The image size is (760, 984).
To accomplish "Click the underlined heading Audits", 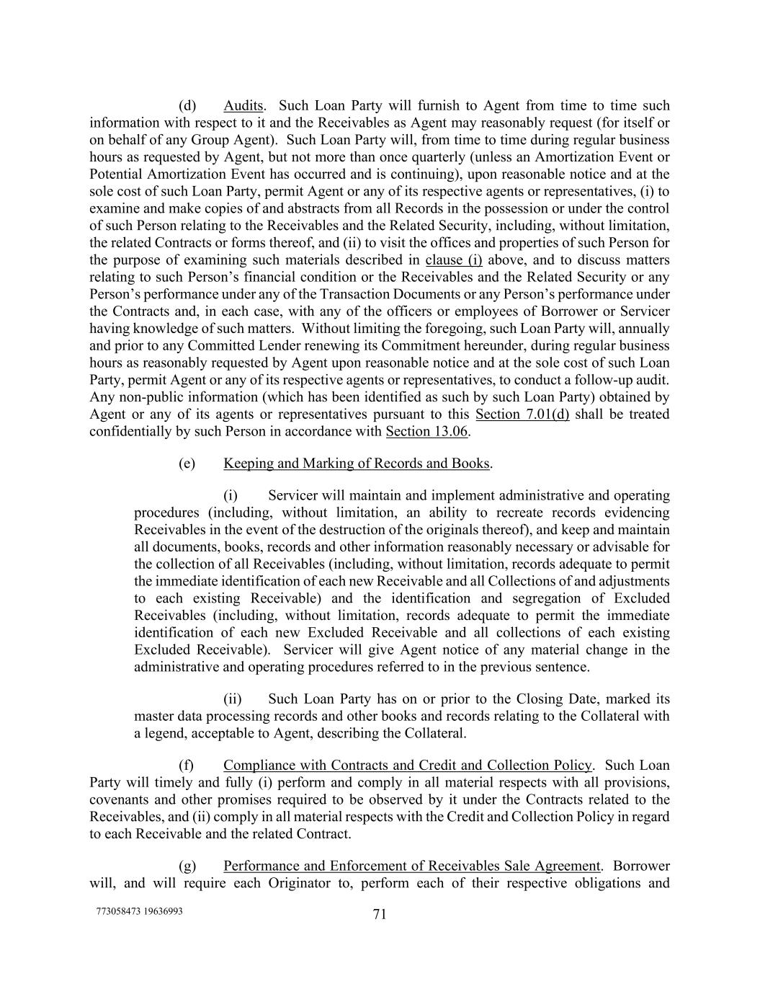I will (x=243, y=106).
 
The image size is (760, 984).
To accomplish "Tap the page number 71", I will (x=380, y=914).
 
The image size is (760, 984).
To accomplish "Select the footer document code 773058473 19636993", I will (x=139, y=911).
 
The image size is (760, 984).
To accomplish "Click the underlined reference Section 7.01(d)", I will (x=522, y=415).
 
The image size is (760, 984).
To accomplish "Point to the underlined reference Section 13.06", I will (x=427, y=432).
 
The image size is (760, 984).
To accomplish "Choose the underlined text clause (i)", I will (x=454, y=260).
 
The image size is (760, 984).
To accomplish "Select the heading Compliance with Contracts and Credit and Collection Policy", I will (x=408, y=766).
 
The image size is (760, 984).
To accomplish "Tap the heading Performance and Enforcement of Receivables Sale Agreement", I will (x=412, y=866).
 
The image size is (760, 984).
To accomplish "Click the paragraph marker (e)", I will (x=187, y=464).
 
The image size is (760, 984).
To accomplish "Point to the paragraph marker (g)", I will (x=187, y=866).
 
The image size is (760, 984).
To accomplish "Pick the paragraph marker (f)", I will (x=186, y=766).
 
